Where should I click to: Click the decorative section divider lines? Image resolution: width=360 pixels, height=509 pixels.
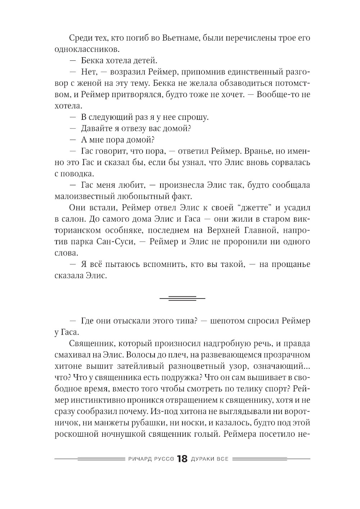pyautogui.click(x=182, y=298)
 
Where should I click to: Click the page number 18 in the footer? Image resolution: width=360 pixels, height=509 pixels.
pyautogui.click(x=183, y=459)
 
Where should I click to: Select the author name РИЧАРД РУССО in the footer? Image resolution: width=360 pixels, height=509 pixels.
pyautogui.click(x=151, y=459)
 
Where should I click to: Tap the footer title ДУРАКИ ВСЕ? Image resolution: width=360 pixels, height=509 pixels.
pyautogui.click(x=210, y=459)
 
